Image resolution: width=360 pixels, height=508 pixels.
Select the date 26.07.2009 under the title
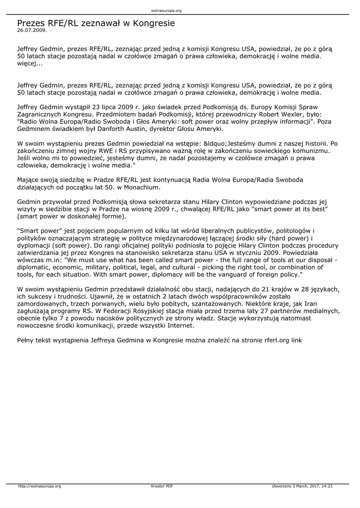click(32, 30)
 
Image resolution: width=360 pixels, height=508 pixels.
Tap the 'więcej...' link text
click(30, 63)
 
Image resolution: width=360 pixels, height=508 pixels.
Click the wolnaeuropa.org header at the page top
click(166, 10)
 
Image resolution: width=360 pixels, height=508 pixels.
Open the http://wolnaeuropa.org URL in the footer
click(39, 486)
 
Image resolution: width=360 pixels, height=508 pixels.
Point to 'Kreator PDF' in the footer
click(162, 486)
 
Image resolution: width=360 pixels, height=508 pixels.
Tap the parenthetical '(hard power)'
click(297, 238)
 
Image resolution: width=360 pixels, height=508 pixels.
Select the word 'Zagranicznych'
click(41, 114)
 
